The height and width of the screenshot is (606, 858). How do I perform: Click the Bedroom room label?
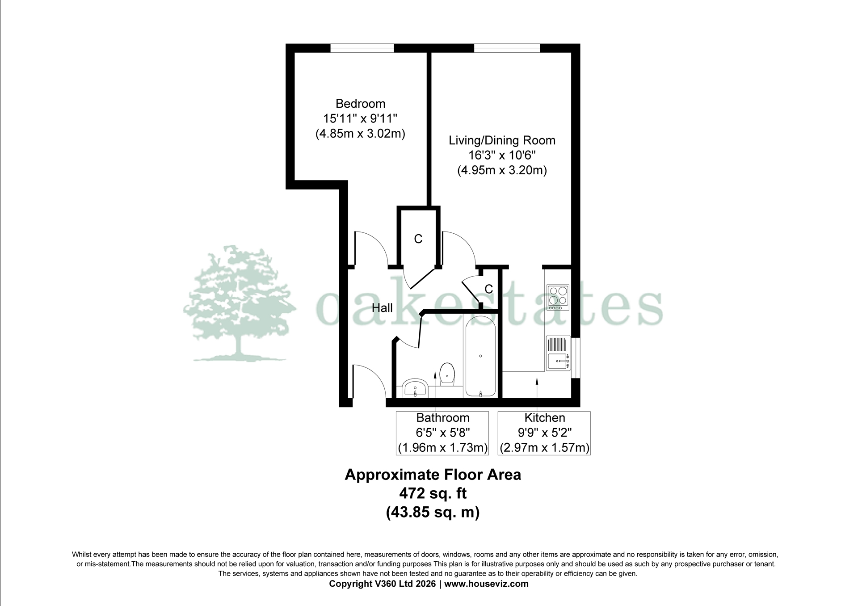[x=360, y=104]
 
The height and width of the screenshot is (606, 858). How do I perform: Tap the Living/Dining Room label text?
[x=502, y=140]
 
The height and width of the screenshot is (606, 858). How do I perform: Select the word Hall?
[x=382, y=307]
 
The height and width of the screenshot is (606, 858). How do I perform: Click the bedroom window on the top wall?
[x=362, y=48]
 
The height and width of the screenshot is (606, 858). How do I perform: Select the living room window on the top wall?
[x=507, y=48]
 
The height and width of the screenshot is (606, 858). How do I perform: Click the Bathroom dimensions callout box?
[x=442, y=433]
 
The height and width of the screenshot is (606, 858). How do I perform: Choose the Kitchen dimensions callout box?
[x=544, y=433]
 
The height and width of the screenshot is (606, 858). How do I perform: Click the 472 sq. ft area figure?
[x=433, y=493]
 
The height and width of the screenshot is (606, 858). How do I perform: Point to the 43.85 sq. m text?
[x=433, y=512]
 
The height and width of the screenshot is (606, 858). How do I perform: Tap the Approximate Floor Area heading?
[x=433, y=475]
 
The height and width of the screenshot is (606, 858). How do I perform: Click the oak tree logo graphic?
[x=239, y=304]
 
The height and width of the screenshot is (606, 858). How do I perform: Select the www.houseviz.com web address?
[x=486, y=584]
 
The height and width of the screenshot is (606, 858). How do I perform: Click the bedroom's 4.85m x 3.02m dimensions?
[x=360, y=134]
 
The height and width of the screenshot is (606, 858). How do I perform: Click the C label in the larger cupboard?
[x=418, y=239]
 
